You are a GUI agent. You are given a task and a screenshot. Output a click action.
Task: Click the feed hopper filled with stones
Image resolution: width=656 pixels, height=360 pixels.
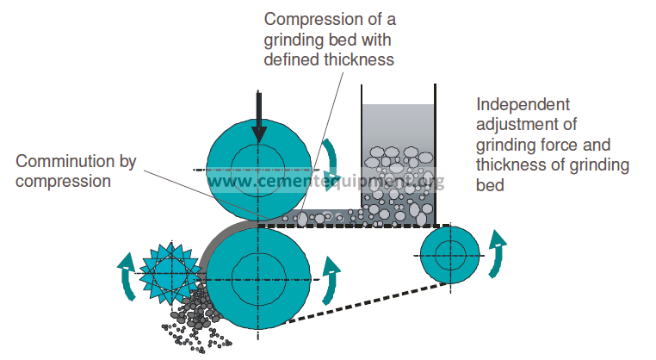[399, 164]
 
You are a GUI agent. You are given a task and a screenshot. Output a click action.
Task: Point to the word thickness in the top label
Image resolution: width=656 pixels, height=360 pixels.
[362, 60]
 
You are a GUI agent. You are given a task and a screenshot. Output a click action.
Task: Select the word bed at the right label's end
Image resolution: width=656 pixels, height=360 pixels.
[489, 184]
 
